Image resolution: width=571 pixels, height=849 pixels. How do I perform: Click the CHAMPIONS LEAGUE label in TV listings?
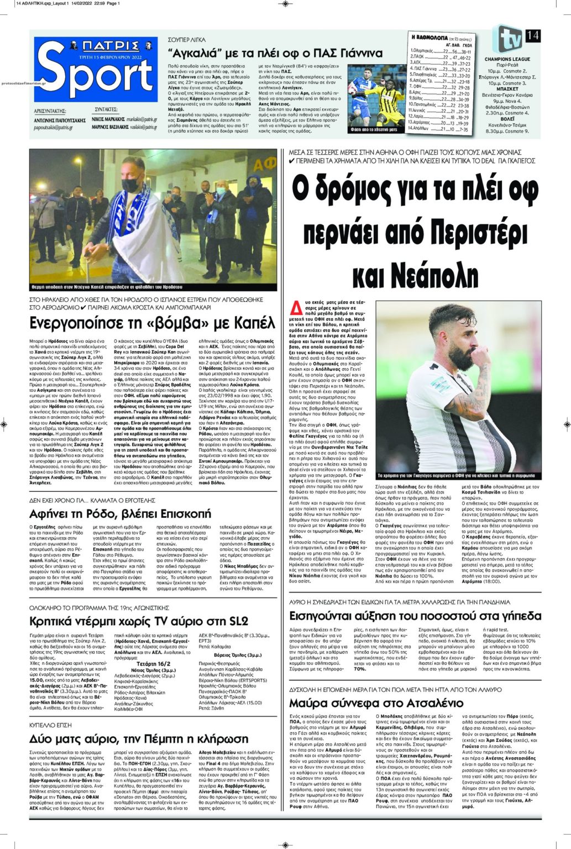pyautogui.click(x=507, y=59)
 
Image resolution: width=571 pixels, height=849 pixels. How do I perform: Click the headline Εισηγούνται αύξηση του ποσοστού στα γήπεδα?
pyautogui.click(x=415, y=615)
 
